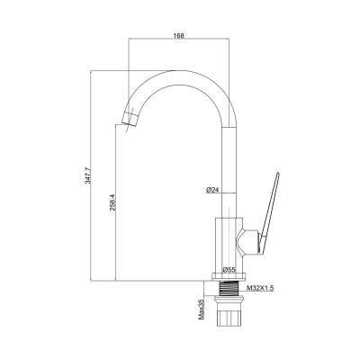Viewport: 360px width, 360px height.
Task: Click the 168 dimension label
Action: (x=178, y=36)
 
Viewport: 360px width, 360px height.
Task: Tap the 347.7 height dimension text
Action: (x=88, y=175)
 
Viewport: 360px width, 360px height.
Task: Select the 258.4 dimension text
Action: (x=112, y=202)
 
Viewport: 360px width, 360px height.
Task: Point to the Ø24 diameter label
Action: (x=213, y=190)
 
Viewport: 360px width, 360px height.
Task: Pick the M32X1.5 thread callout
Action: (x=260, y=288)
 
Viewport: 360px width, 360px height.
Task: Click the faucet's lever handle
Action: (x=269, y=213)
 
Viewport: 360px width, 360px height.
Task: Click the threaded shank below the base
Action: (x=229, y=289)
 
